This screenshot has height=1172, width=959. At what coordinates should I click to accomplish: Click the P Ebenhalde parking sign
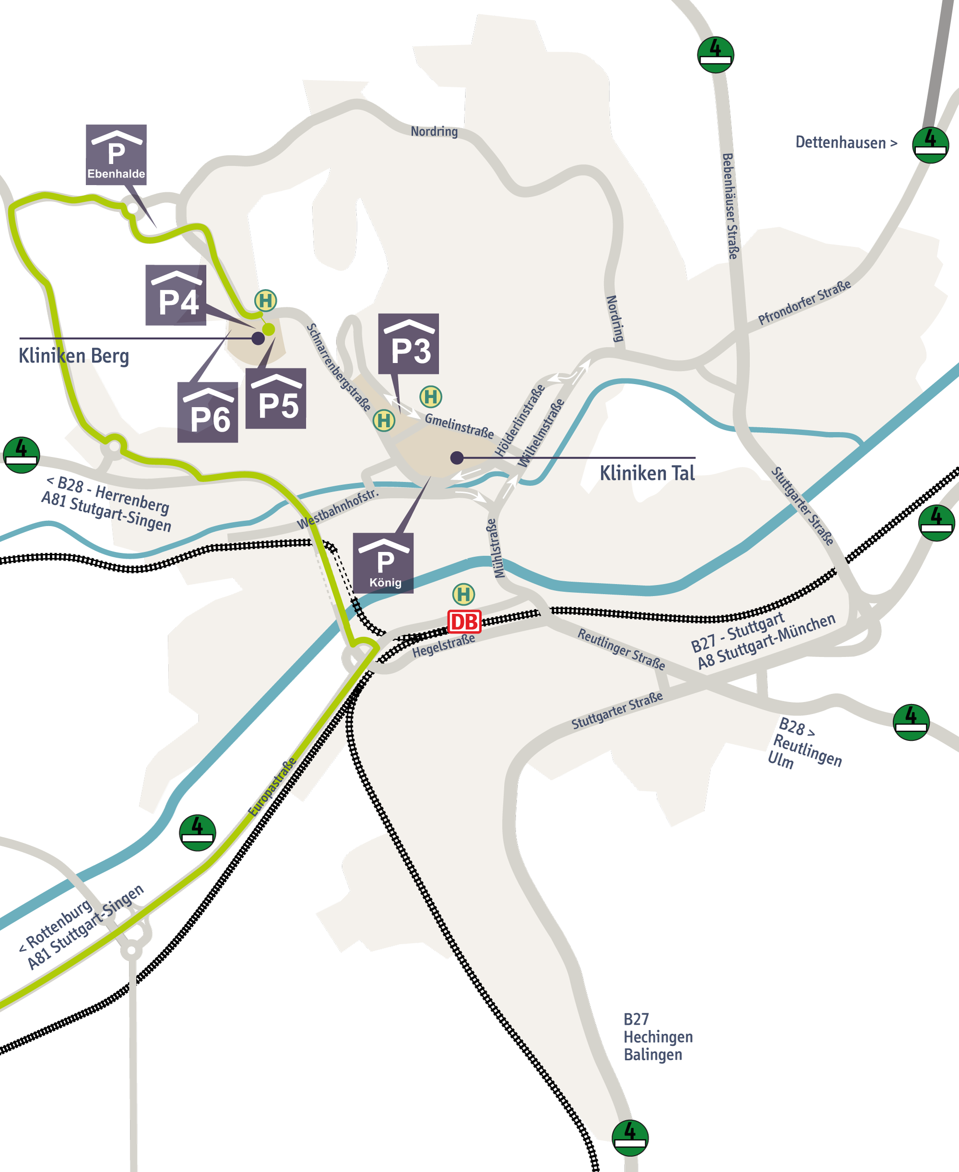pos(116,154)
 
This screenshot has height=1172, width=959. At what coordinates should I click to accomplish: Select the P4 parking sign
pos(175,295)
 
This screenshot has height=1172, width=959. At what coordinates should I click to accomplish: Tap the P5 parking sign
pos(276,398)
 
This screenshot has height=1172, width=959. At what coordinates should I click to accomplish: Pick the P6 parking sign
pos(208,412)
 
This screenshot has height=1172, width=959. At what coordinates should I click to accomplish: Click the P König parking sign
pos(384,563)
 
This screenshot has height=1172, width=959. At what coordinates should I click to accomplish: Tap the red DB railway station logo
pos(464,622)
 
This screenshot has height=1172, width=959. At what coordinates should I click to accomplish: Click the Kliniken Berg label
pos(74,356)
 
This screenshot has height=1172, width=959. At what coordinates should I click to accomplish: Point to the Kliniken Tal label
pos(647,473)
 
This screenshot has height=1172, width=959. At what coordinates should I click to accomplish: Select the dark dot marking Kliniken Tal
pos(457,457)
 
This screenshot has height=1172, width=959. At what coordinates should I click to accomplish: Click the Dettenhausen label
pos(846,142)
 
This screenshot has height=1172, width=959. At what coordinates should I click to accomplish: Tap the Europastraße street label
pos(272,787)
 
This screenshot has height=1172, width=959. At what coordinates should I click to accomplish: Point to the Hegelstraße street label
pos(444,645)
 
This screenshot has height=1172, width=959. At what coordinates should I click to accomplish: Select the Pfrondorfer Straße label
pos(804,302)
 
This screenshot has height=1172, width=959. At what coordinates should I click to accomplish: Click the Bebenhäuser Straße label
pos(730,206)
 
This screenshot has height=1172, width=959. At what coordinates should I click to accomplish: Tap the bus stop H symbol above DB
pos(464,594)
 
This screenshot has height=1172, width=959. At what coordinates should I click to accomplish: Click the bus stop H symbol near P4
pos(265,301)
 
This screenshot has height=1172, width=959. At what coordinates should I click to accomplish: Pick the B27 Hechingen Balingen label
pos(657,1037)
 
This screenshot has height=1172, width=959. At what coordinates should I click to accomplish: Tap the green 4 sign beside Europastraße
pos(197,833)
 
